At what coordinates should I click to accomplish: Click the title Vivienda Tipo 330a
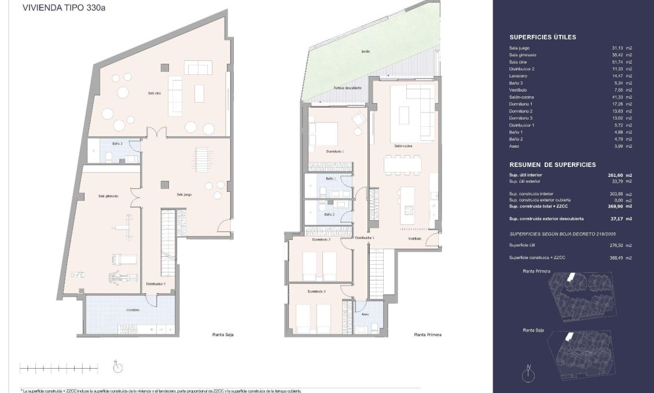click(x=57, y=8)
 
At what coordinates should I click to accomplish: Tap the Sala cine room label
click(x=153, y=93)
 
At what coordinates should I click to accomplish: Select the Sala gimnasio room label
click(x=108, y=196)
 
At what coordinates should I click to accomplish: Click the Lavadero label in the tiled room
click(x=133, y=310)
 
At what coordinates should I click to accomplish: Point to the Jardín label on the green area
click(x=365, y=52)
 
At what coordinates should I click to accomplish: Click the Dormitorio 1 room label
click(x=335, y=151)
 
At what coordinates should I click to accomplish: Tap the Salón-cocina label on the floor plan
click(x=403, y=146)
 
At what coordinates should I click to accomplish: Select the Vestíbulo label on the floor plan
click(x=414, y=238)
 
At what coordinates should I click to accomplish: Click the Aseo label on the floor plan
click(x=365, y=314)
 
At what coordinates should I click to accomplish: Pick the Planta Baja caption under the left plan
click(x=222, y=334)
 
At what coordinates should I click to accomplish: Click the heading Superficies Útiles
click(x=542, y=37)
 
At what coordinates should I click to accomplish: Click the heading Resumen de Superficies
click(x=552, y=165)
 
